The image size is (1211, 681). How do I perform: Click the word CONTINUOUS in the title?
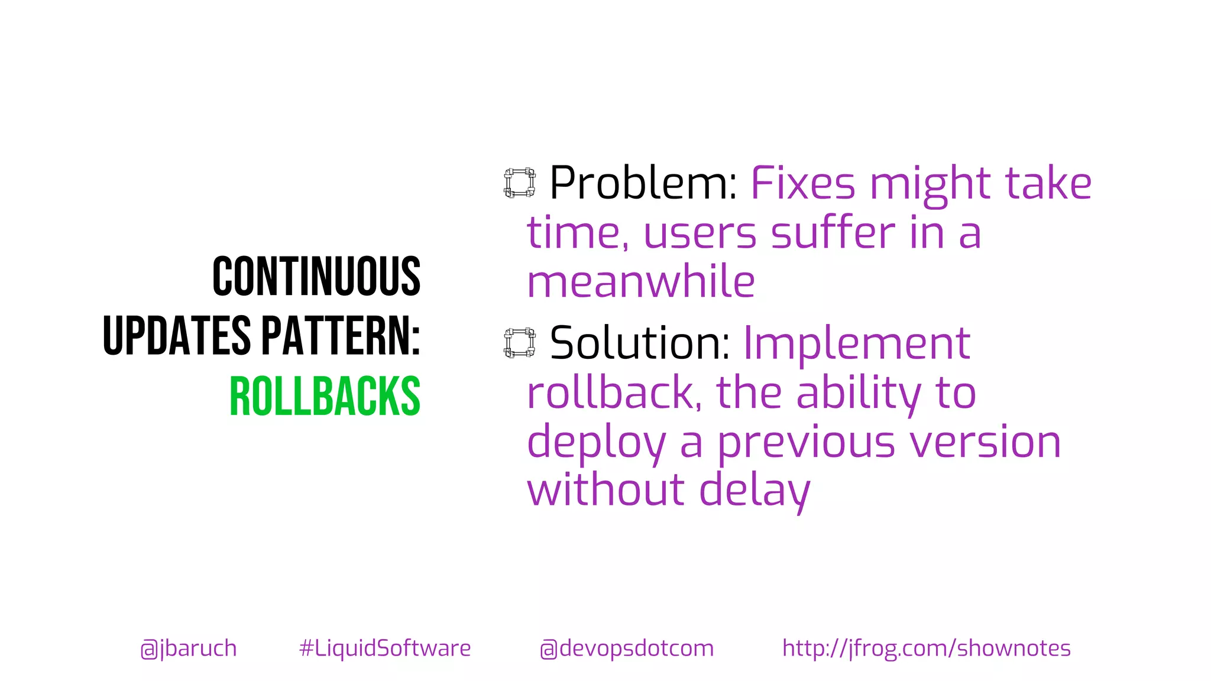click(x=316, y=276)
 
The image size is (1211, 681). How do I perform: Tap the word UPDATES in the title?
click(x=177, y=336)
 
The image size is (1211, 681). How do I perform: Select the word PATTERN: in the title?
click(x=341, y=336)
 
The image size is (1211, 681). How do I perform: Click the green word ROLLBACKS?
click(x=325, y=396)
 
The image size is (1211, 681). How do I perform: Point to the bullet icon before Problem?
click(x=520, y=183)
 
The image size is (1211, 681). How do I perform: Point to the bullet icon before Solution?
click(x=520, y=343)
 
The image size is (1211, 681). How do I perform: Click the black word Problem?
click(x=643, y=183)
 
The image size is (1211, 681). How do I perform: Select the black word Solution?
click(x=640, y=343)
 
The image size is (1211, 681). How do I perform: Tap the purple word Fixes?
click(x=803, y=183)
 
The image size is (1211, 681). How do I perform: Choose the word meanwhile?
click(x=641, y=282)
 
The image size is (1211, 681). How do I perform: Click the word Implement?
click(x=857, y=343)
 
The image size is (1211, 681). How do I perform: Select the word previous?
click(x=807, y=443)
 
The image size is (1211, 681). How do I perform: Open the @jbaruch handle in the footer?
click(x=189, y=648)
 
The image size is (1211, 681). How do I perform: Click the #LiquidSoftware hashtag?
click(x=385, y=648)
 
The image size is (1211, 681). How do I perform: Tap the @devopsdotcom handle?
click(x=627, y=648)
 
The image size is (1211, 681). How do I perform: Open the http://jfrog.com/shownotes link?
click(x=926, y=648)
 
